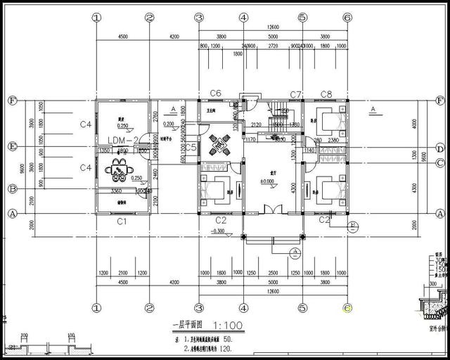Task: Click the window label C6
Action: tap(216, 94)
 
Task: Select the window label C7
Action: tap(296, 94)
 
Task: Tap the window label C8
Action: tap(326, 94)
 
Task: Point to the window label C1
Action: tap(121, 221)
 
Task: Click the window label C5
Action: tap(191, 147)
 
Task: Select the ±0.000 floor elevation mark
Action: tap(267, 182)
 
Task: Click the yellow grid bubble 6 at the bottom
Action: tap(347, 307)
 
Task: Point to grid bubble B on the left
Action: tap(11, 188)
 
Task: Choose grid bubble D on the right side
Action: tap(439, 148)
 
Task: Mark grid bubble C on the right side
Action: tap(439, 164)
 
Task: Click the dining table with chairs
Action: tap(118, 169)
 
